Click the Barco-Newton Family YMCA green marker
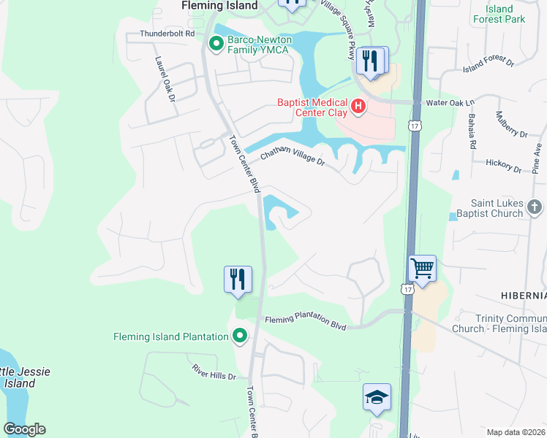(216, 45)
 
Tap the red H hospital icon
(358, 107)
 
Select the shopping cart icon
(422, 269)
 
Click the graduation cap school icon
(377, 398)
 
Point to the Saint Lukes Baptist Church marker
(535, 207)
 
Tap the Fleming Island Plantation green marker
(239, 336)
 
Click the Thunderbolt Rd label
(168, 34)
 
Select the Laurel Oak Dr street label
(165, 80)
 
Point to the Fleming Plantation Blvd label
(305, 319)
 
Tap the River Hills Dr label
(214, 372)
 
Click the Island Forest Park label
(499, 14)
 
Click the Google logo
(24, 429)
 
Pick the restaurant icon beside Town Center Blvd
(238, 280)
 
